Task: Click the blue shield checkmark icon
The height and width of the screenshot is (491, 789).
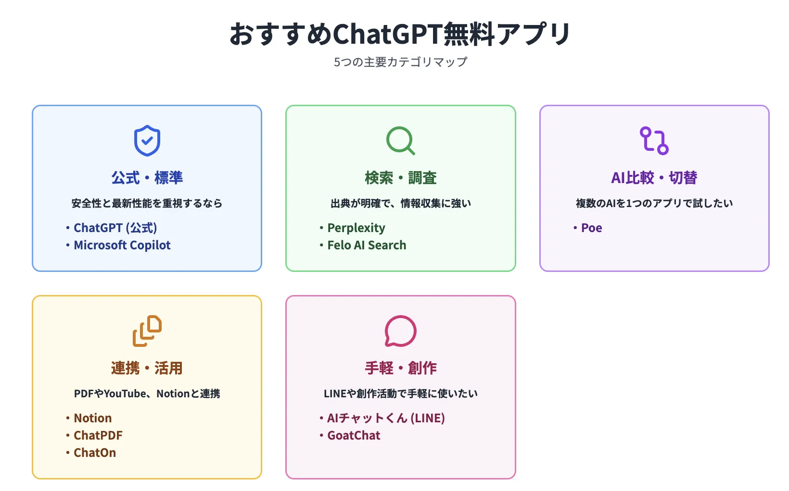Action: coord(147,141)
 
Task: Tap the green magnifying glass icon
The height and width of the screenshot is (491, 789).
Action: coord(400,141)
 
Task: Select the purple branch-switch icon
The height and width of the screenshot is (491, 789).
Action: coord(654,141)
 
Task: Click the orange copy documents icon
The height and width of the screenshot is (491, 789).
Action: coord(147,331)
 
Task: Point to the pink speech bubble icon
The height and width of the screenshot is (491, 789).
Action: coord(400,331)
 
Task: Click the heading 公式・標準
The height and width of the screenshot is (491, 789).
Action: coord(147,178)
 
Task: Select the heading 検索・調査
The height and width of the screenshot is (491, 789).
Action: coord(400,178)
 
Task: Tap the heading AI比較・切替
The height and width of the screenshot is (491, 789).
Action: coord(654,178)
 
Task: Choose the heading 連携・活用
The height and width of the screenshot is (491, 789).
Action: coord(147,368)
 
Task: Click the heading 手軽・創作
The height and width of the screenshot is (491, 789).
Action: coord(400,368)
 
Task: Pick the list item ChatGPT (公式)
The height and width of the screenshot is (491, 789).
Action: coord(115,228)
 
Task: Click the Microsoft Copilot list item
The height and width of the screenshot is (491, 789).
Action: coord(122,245)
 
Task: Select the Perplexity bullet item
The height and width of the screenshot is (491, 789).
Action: coord(356,228)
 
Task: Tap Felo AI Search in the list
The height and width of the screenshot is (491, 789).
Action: coord(367,245)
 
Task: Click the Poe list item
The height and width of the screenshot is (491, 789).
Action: coord(591,228)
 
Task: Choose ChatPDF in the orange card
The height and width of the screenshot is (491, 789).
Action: coord(98,435)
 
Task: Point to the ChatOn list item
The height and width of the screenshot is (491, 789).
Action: coord(94,453)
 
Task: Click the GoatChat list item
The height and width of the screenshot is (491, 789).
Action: coord(354,435)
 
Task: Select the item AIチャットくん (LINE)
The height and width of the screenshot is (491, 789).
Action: coord(386,418)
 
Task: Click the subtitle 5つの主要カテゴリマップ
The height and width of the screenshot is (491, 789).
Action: coord(400,62)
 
